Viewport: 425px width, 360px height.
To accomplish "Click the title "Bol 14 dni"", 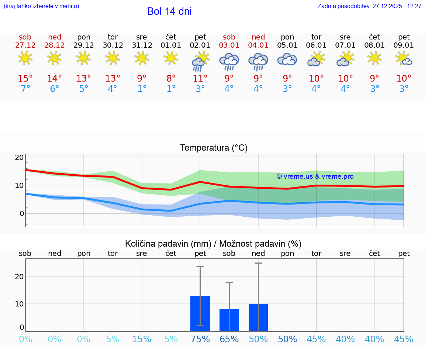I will point(169,11).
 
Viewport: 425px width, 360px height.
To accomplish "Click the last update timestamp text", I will point(369,6).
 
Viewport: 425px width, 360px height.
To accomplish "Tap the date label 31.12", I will point(142,45).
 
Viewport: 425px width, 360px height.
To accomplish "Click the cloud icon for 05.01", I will point(287,59).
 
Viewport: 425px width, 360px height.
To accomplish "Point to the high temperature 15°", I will point(25,79).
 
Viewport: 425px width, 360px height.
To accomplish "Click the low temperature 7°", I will point(25,89).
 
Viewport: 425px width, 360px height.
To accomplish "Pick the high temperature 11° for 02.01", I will point(200,79).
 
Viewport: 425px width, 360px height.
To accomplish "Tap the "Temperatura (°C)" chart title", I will point(214,148).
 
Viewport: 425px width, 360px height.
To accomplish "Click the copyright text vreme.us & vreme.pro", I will point(315,176).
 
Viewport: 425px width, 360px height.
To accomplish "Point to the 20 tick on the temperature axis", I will point(20,157).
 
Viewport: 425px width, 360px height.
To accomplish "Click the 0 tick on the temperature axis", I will point(22,213).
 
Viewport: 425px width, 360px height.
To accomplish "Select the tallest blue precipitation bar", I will point(200,313).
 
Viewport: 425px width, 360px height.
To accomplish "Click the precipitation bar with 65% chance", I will point(229,320).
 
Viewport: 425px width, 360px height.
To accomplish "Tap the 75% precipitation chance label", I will point(200,339).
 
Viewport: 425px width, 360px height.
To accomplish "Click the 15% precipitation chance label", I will point(142,339).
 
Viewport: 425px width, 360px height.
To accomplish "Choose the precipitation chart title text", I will point(213,244).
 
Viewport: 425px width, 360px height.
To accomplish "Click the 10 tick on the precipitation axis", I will point(20,304).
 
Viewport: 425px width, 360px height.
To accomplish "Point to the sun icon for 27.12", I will point(25,58).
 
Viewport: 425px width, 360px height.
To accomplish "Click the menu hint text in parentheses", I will point(41,6).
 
